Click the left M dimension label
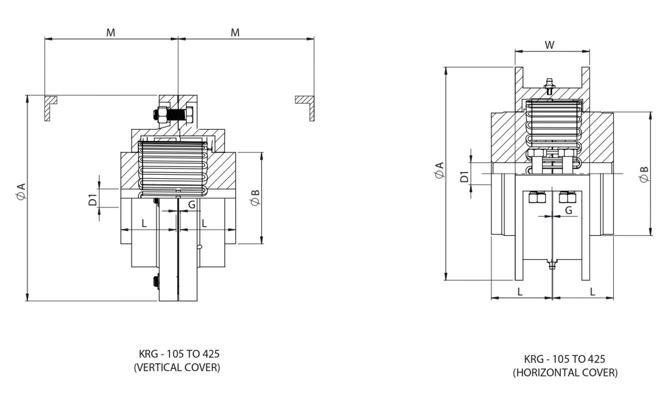tap(111, 33)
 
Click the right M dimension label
tap(235, 33)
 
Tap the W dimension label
tap(550, 45)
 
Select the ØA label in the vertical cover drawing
tap(21, 191)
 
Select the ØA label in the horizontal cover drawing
tap(439, 171)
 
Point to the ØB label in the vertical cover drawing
tap(255, 197)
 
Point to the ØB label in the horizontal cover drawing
tap(644, 174)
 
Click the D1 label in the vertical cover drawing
tap(93, 199)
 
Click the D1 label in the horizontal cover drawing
tap(464, 176)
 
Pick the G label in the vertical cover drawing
tap(192, 205)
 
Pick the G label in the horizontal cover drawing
tap(569, 210)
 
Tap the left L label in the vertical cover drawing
tap(144, 223)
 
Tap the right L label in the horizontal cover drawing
tap(592, 292)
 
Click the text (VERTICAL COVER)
tap(177, 368)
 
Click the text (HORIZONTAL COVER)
tap(565, 373)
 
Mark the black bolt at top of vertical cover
tap(175, 114)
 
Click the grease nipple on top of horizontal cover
tap(550, 85)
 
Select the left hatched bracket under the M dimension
tap(49, 106)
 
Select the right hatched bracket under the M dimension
tap(307, 106)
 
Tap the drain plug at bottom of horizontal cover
tap(552, 263)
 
